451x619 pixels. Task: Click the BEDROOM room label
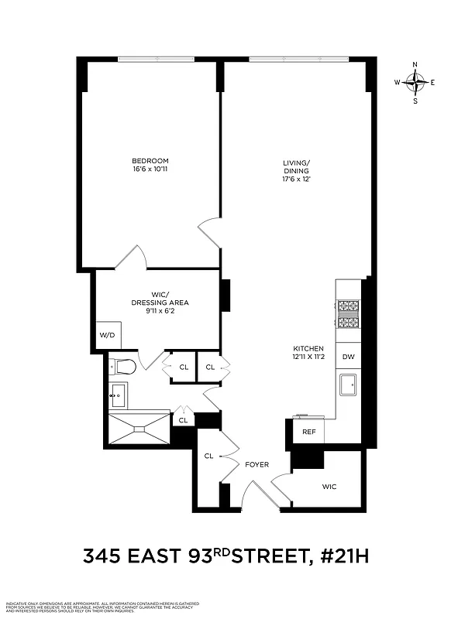[x=150, y=161]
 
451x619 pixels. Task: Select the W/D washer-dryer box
[x=107, y=335]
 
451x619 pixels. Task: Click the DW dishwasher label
[x=348, y=357]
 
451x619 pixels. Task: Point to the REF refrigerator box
[x=308, y=431]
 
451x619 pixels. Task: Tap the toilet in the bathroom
[x=124, y=366]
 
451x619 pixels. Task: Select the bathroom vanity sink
[x=119, y=395]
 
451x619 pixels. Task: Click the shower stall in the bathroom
[x=139, y=426]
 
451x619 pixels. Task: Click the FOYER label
[x=256, y=464]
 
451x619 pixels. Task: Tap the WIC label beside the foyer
[x=329, y=486]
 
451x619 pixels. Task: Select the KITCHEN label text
[x=308, y=348]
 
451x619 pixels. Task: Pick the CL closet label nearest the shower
[x=183, y=420]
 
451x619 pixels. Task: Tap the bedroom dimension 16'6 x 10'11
[x=150, y=170]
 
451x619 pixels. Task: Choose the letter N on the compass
[x=415, y=64]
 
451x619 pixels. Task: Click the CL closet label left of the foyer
[x=208, y=456]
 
